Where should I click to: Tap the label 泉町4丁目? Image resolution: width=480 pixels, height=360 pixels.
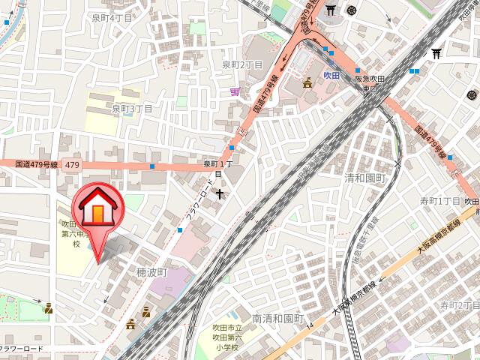tap(112, 17)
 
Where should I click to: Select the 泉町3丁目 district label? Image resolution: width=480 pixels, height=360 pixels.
tap(133, 109)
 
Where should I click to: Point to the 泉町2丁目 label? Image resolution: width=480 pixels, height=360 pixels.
tap(242, 65)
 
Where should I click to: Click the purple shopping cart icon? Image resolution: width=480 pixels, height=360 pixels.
tap(235, 91)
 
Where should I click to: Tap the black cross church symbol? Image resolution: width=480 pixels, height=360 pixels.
tap(220, 194)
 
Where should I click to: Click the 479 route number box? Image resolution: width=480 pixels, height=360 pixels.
tap(72, 163)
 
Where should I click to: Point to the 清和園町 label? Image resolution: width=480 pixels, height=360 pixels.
tap(364, 178)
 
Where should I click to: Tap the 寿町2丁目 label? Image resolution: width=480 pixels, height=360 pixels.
tap(459, 305)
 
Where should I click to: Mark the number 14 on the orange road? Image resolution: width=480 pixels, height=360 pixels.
tap(309, 327)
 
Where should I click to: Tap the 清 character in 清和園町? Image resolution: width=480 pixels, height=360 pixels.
tap(349, 178)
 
